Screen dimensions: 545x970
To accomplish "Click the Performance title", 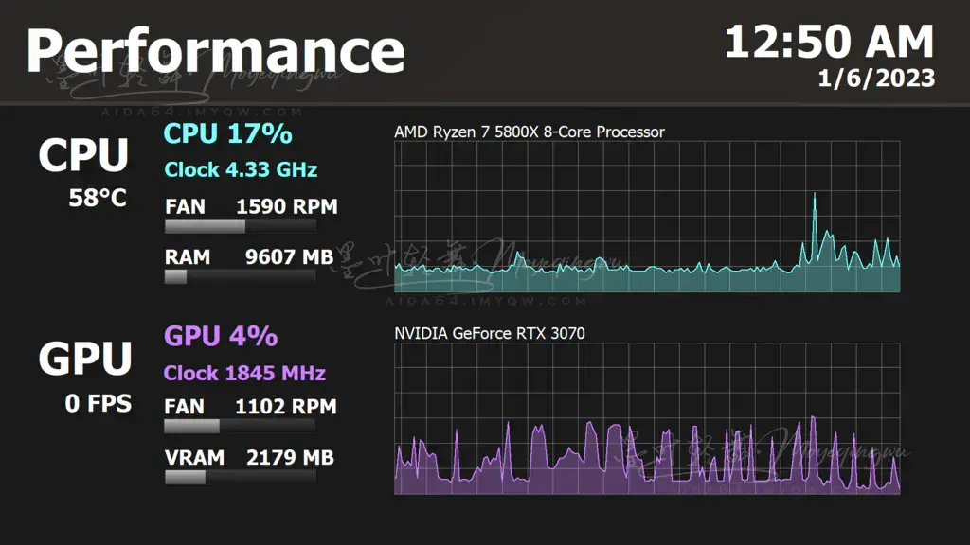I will [215, 51].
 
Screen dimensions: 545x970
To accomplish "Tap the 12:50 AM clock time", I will [829, 42].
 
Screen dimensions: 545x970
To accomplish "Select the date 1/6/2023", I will [876, 79].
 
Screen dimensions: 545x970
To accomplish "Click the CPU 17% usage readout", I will [227, 134].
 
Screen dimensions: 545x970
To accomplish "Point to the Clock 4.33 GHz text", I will [241, 170].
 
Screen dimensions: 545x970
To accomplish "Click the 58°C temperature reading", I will [98, 199].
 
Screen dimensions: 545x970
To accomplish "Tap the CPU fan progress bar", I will [240, 227].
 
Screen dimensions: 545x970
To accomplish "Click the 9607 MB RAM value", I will [289, 256].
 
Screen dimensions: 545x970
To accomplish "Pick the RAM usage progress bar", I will [240, 277].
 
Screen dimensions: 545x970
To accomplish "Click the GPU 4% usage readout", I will [221, 336].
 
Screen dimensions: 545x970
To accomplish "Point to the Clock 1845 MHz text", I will [244, 373].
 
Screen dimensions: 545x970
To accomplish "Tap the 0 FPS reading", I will [99, 403].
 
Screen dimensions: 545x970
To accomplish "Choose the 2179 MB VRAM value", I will [290, 458].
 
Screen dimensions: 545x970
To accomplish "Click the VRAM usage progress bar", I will [240, 478].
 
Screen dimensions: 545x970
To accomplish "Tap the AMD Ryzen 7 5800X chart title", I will [530, 132].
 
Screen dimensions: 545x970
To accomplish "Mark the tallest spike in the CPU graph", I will [815, 196].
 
